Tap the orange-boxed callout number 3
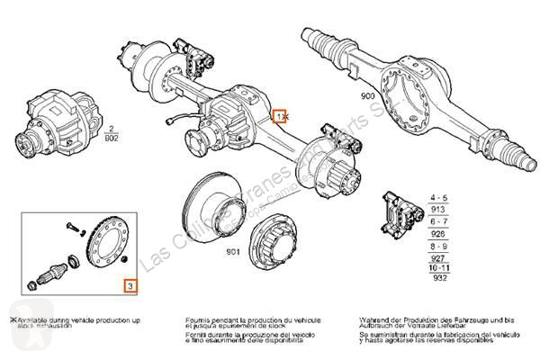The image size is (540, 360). (x=130, y=286)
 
